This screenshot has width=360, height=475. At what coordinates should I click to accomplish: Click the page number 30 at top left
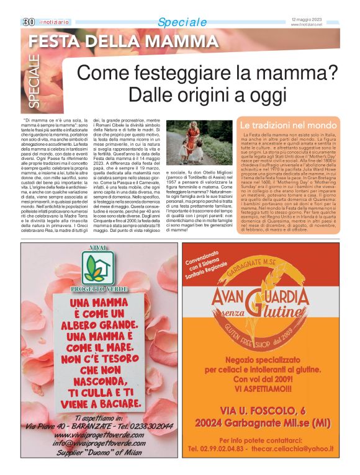[x=28, y=22]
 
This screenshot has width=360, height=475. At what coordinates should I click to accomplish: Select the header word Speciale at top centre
[x=182, y=22]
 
